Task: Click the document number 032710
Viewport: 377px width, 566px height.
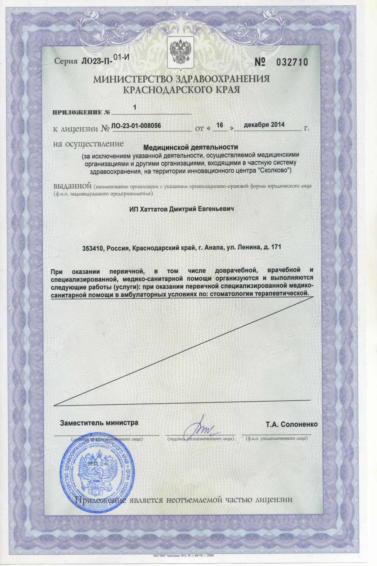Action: point(292,62)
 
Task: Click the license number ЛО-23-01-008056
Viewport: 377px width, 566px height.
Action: point(136,126)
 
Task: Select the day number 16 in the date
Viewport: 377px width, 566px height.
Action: point(220,125)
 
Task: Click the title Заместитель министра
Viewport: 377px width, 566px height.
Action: point(99,423)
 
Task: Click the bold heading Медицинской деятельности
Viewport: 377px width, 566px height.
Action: point(191,147)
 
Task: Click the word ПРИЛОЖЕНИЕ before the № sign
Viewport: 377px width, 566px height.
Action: point(75,113)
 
